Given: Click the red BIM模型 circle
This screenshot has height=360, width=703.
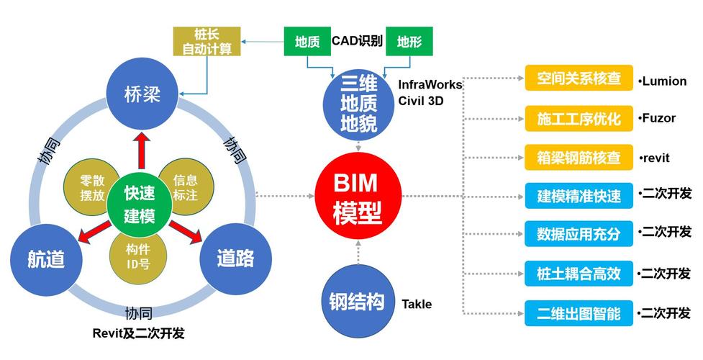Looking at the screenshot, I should (x=358, y=196).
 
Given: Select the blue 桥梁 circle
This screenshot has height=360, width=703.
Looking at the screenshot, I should (x=142, y=94).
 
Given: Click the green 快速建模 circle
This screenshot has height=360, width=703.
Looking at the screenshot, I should (x=140, y=204).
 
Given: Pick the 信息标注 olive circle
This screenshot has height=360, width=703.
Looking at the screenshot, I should (x=185, y=188).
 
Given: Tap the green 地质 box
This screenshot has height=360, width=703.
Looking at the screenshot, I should (x=307, y=42).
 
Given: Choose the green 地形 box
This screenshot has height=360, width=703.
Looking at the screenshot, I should (x=409, y=42).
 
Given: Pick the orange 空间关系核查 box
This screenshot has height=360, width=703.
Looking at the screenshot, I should (x=579, y=79).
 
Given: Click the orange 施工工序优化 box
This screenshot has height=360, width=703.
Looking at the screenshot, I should (x=579, y=118).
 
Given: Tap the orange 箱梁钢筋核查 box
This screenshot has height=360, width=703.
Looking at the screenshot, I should (x=579, y=157).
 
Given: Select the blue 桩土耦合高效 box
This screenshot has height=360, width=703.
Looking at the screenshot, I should (x=579, y=274).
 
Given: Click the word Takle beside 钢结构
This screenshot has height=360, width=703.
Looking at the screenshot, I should (x=417, y=304).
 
